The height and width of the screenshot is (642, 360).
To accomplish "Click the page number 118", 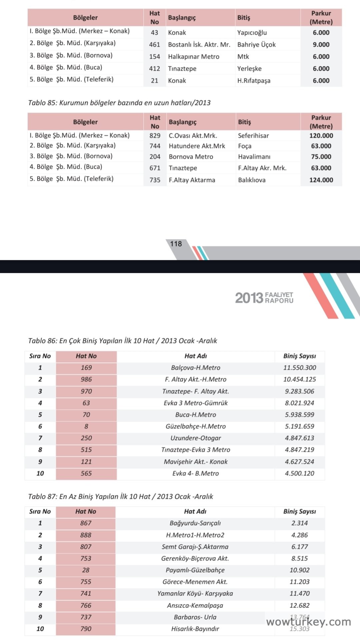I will (x=176, y=244).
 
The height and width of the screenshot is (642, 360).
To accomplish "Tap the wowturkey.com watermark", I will (x=308, y=622).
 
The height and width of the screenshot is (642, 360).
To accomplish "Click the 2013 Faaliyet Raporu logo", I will (x=264, y=298).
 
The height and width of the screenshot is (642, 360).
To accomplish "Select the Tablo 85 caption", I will (x=119, y=103).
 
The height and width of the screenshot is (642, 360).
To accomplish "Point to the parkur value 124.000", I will (x=321, y=180).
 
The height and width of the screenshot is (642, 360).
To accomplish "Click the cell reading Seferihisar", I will (x=253, y=136).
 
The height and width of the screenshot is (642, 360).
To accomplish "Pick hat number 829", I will (x=155, y=136).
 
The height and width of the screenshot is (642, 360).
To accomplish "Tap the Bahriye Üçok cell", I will (x=256, y=45).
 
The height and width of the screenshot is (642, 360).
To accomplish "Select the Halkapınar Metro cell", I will (x=194, y=57).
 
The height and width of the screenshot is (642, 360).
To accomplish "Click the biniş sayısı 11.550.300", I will (x=300, y=368).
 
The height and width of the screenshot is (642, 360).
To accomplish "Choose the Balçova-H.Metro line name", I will (x=196, y=368).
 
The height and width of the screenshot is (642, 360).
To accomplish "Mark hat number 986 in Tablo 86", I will (x=86, y=379).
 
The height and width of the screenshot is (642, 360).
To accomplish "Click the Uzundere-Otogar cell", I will (x=196, y=438).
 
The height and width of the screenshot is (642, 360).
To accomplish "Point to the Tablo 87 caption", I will (x=121, y=496).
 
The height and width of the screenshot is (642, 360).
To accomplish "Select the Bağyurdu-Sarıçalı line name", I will (x=195, y=523).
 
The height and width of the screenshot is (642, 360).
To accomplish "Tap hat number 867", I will (x=86, y=523).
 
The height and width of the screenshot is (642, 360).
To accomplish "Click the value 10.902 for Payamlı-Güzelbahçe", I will (x=299, y=570).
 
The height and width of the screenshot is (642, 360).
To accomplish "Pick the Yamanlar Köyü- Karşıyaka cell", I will (x=195, y=593).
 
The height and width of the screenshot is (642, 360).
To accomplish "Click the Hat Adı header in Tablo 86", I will (x=196, y=356).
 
